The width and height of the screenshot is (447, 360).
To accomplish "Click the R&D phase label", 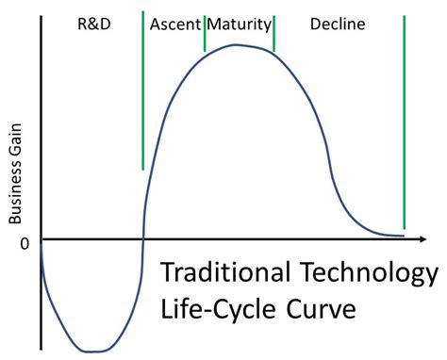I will click(92, 23).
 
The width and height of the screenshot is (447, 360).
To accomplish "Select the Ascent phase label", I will click(173, 23).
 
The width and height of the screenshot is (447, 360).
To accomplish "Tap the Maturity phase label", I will click(239, 23).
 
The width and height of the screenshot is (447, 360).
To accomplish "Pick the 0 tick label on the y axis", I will click(25, 243).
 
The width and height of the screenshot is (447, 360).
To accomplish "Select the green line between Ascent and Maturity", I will click(205, 33).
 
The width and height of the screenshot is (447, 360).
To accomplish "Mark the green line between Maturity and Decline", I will click(273, 33).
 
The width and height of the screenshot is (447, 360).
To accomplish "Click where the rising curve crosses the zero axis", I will click(142, 237).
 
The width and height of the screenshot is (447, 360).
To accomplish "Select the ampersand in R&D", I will click(92, 23).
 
